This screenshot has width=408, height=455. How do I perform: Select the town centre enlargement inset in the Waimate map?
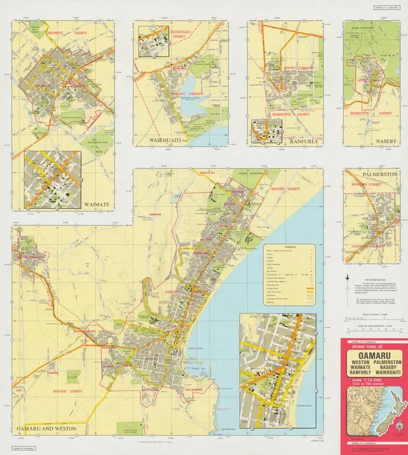click(x=52, y=179)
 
